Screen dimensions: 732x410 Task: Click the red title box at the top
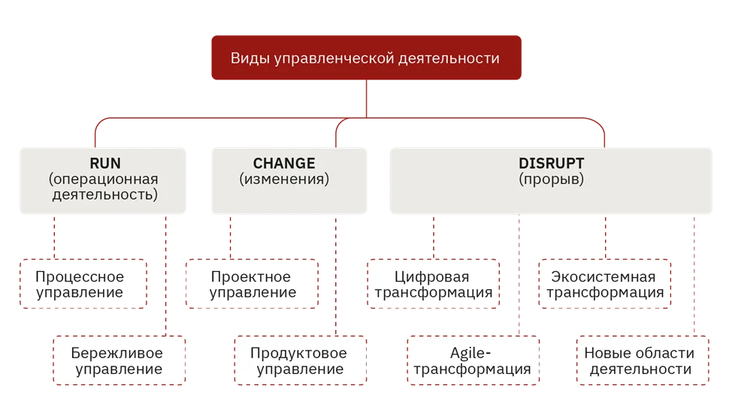[x=366, y=57]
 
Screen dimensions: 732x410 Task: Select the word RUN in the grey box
[x=105, y=163]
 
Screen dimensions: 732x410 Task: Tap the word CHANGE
[x=284, y=163]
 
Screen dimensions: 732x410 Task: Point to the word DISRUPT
[x=552, y=163]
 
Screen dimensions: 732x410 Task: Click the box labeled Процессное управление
[x=83, y=284]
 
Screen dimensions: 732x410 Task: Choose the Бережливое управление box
[x=119, y=360]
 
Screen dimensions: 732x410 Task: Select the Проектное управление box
[x=252, y=284]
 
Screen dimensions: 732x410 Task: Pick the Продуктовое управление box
[x=300, y=360]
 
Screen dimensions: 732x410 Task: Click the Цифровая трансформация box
[x=433, y=284]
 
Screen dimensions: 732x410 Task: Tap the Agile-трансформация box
[x=473, y=360]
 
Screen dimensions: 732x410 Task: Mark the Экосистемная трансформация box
[x=604, y=284]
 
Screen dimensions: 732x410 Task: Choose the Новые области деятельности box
[x=643, y=360]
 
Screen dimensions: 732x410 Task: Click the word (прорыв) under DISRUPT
[x=552, y=179]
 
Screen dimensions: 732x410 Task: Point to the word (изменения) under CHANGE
[x=284, y=179]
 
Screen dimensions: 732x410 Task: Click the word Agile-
[x=470, y=353]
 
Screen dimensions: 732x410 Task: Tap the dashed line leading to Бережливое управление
[x=166, y=275]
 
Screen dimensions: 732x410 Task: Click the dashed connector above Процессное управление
[x=54, y=237]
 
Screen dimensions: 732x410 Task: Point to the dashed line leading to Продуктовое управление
[x=336, y=275]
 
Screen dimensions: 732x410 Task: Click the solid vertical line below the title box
[x=367, y=98]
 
